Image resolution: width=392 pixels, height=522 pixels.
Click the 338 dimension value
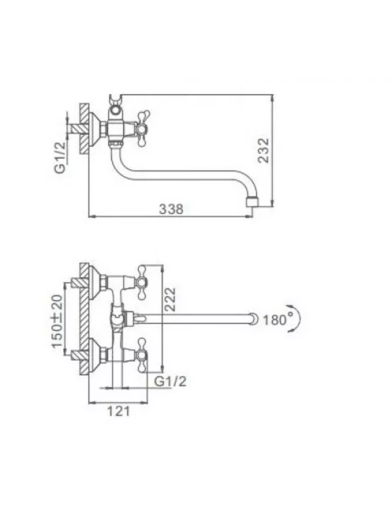tap(171, 209)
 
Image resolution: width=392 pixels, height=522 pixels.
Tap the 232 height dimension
tap(264, 151)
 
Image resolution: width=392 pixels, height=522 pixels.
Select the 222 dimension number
tap(169, 299)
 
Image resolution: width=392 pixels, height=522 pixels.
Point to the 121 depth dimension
tap(118, 411)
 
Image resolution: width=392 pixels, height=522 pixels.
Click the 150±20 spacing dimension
tap(57, 321)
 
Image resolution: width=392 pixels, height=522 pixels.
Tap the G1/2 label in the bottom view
tap(170, 381)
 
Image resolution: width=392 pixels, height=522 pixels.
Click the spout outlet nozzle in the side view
tap(252, 202)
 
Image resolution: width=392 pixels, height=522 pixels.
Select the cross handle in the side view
tap(143, 128)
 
